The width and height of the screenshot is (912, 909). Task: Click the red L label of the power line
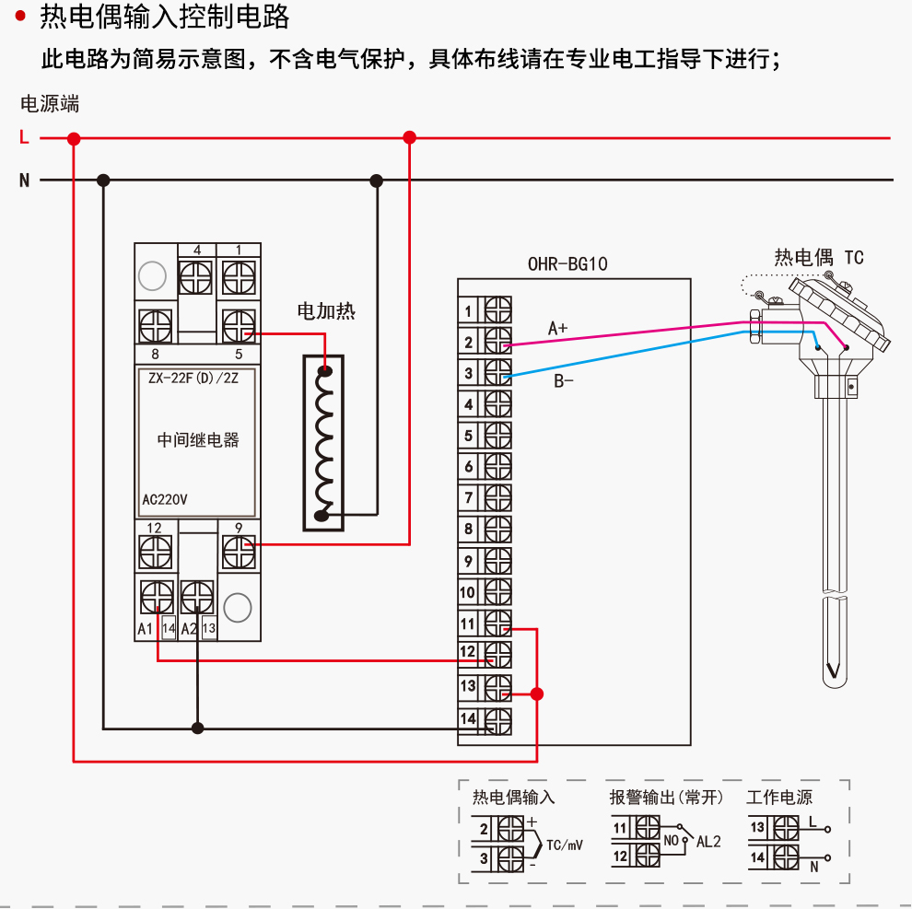(24, 138)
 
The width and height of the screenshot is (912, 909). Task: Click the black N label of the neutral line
(24, 181)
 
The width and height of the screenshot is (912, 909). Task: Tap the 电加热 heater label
(325, 311)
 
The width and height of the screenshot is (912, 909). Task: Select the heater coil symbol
(323, 443)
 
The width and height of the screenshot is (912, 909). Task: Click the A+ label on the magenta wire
(558, 328)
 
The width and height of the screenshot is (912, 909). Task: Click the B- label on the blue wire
(563, 380)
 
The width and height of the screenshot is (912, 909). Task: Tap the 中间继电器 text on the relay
(198, 440)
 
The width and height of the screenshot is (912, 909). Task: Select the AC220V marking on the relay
(165, 501)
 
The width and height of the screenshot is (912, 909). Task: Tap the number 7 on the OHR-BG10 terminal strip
(469, 498)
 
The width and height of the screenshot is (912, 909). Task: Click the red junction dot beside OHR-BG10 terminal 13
(538, 693)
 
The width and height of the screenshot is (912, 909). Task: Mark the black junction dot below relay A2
(197, 728)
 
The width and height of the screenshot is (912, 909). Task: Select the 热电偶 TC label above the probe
(819, 258)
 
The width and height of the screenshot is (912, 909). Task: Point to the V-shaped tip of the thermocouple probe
(834, 671)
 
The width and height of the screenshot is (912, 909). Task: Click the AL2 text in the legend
(708, 841)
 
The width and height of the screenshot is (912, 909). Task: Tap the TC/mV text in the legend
(565, 845)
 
